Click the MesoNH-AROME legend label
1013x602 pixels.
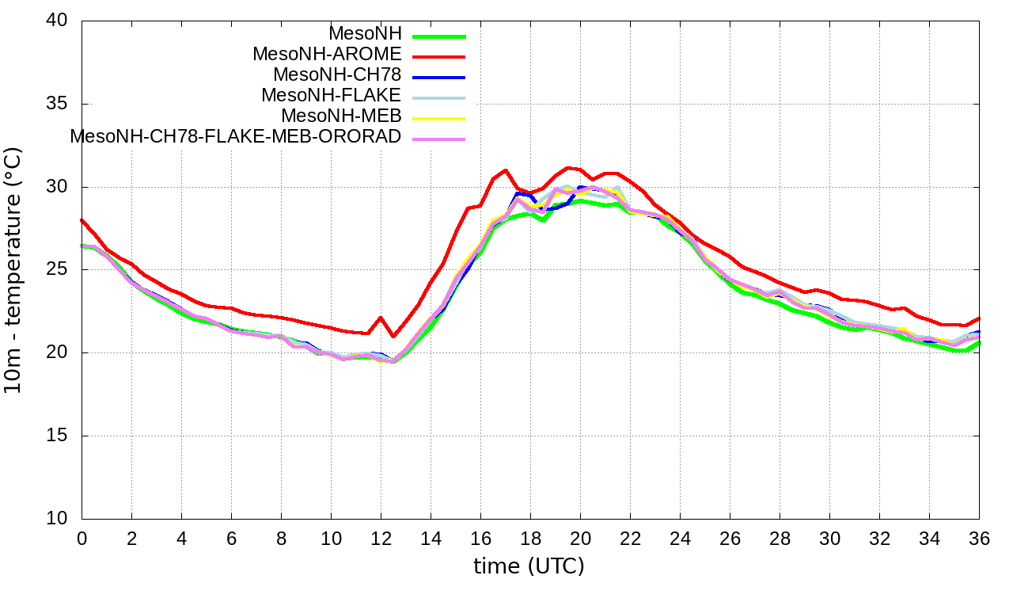pyautogui.click(x=327, y=54)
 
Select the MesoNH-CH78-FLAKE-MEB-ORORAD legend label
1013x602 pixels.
pyautogui.click(x=236, y=135)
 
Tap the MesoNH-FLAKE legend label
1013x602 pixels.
pyautogui.click(x=332, y=95)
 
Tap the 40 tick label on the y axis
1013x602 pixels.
pyautogui.click(x=58, y=21)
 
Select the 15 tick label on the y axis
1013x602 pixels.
pyautogui.click(x=58, y=436)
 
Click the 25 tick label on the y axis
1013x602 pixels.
pyautogui.click(x=58, y=270)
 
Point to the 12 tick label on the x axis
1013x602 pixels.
pyautogui.click(x=381, y=538)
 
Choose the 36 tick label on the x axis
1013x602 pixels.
pyautogui.click(x=979, y=538)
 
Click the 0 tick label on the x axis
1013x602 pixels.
pyautogui.click(x=82, y=538)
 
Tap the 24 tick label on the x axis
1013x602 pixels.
pyautogui.click(x=680, y=538)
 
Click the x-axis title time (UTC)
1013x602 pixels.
pyautogui.click(x=529, y=566)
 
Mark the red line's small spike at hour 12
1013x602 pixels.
pyautogui.click(x=381, y=318)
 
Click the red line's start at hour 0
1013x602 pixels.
pyautogui.click(x=82, y=220)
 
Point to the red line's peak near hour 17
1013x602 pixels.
pyautogui.click(x=505, y=170)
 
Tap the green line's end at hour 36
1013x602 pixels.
pyautogui.click(x=979, y=342)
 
